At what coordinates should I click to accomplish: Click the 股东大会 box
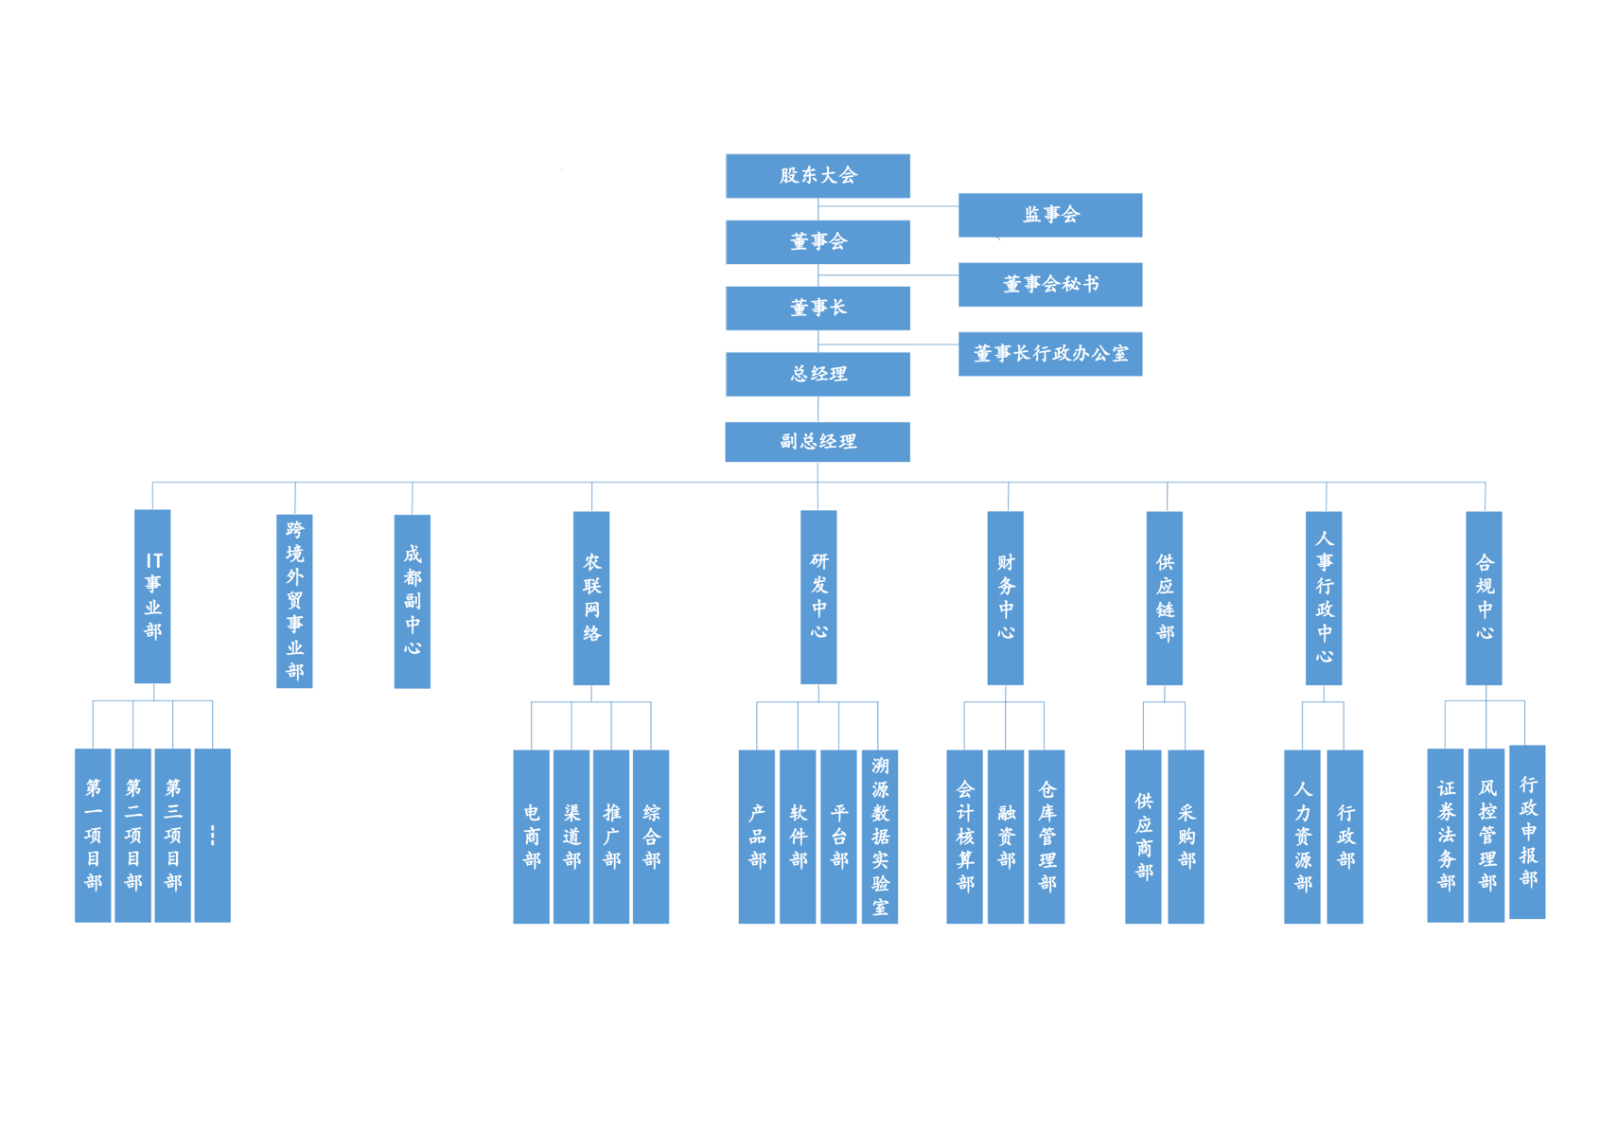(x=818, y=176)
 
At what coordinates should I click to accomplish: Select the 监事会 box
(x=1049, y=215)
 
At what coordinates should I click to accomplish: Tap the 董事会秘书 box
(x=1049, y=284)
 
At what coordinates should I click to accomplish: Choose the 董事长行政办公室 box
(x=1049, y=354)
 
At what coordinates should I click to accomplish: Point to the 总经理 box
(x=818, y=374)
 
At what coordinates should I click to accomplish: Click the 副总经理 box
(x=818, y=442)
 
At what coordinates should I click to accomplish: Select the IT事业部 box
(x=152, y=596)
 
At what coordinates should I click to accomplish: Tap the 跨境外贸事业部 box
(x=294, y=601)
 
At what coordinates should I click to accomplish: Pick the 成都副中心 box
(x=412, y=601)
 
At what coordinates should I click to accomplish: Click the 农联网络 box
(x=591, y=598)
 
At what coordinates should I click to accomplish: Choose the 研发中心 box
(x=818, y=597)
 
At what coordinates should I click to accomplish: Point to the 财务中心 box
(x=1005, y=598)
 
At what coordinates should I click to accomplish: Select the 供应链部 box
(x=1164, y=598)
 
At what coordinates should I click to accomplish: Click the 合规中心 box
(x=1484, y=598)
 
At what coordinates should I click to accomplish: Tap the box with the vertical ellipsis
(x=212, y=835)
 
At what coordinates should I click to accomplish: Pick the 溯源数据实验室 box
(x=879, y=837)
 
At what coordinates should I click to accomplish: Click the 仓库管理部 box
(x=1046, y=837)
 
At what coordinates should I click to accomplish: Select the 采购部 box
(x=1186, y=837)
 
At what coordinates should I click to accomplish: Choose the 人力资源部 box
(x=1302, y=837)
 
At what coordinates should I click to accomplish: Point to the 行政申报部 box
(x=1526, y=832)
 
